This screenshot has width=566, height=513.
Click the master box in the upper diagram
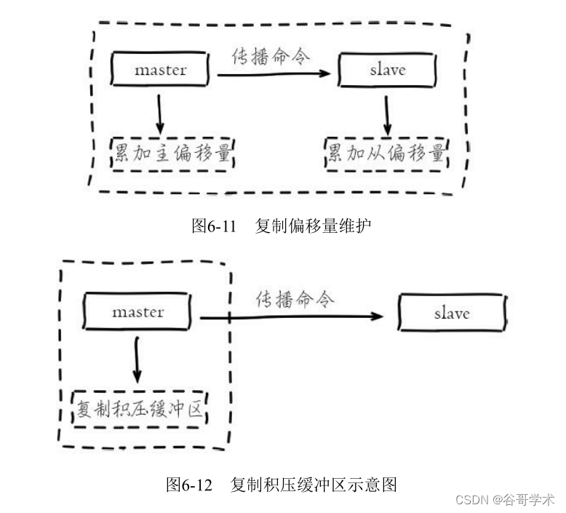point(160,70)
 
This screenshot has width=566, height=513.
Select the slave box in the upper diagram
point(387,70)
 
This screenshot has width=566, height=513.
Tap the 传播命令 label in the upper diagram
point(271,56)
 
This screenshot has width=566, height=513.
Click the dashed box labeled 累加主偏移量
point(175,155)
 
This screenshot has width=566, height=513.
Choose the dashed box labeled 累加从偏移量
point(386,155)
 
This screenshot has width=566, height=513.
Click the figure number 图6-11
point(215,226)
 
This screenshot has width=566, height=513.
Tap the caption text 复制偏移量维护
point(313,226)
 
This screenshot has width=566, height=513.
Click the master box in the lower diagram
point(138,312)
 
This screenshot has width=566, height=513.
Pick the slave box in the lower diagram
point(452,314)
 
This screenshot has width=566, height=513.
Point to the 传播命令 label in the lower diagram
point(295,299)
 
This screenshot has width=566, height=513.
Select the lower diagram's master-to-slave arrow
point(291,317)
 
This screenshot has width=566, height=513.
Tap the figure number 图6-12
point(189,484)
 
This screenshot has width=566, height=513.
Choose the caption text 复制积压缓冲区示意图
point(313,484)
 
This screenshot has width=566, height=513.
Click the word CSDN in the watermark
point(472,501)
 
